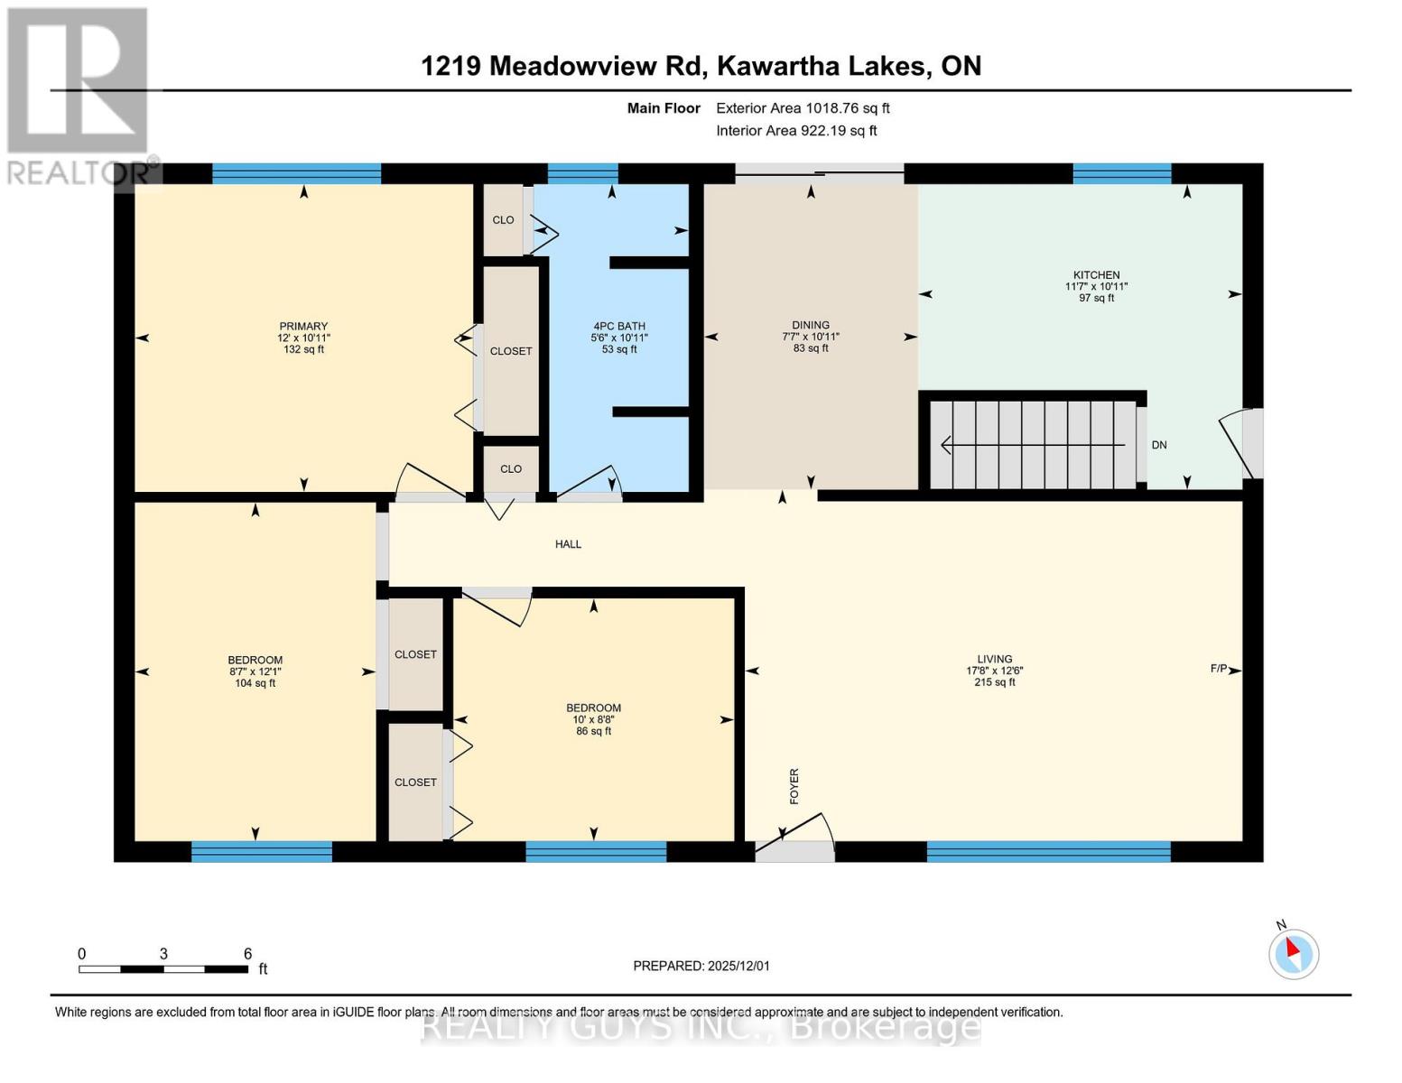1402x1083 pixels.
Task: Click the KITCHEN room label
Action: pyautogui.click(x=1096, y=275)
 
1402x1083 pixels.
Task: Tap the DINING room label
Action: pyautogui.click(x=810, y=325)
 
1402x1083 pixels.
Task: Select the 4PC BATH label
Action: pyautogui.click(x=619, y=326)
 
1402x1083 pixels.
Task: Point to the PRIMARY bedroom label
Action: pyautogui.click(x=303, y=326)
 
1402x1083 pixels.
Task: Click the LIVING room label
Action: pyautogui.click(x=994, y=659)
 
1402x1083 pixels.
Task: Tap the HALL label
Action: pyautogui.click(x=568, y=544)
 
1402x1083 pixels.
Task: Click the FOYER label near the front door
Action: pyautogui.click(x=794, y=786)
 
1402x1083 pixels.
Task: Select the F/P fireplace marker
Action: pyautogui.click(x=1219, y=669)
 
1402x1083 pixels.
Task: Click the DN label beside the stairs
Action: pyautogui.click(x=1159, y=445)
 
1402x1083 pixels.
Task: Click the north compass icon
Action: pyautogui.click(x=1293, y=953)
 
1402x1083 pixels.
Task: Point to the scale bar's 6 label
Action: pyautogui.click(x=247, y=954)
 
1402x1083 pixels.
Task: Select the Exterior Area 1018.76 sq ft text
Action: pyautogui.click(x=803, y=108)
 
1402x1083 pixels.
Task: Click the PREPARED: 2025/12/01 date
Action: pyautogui.click(x=701, y=966)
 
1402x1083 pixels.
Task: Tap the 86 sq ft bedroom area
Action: pyautogui.click(x=593, y=731)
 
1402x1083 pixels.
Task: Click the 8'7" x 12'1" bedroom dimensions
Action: pyautogui.click(x=255, y=671)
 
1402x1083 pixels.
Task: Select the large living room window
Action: pyautogui.click(x=1048, y=851)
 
